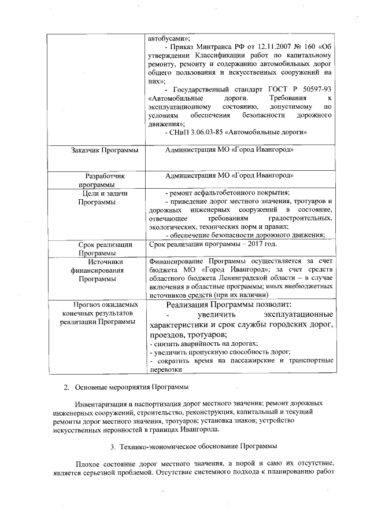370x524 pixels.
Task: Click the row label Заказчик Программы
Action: (105, 151)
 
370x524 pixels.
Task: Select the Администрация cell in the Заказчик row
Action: (229, 151)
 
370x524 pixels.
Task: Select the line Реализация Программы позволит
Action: (229, 304)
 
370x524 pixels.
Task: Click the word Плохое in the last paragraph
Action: (88, 465)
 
